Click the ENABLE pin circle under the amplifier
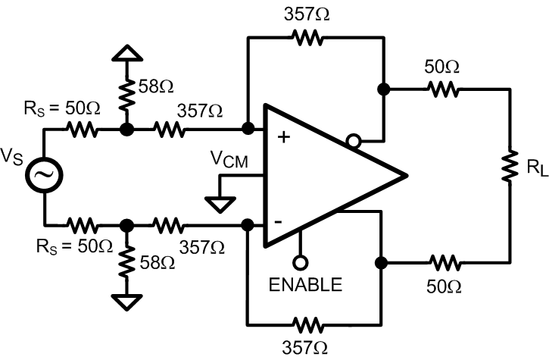(301, 262)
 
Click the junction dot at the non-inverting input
(247, 130)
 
